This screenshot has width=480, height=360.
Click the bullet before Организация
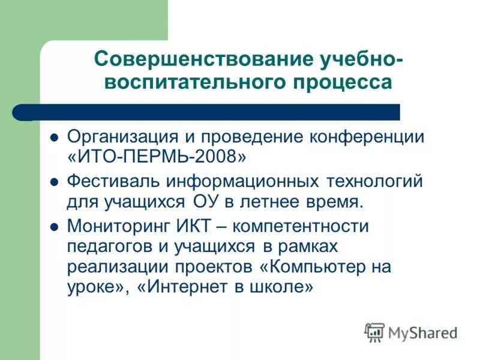53,137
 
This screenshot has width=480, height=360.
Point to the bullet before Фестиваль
53,182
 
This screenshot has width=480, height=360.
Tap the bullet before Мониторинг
53,227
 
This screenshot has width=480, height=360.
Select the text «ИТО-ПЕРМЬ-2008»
157,157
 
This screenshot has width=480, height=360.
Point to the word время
332,202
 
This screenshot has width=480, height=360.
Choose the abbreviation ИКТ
191,226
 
